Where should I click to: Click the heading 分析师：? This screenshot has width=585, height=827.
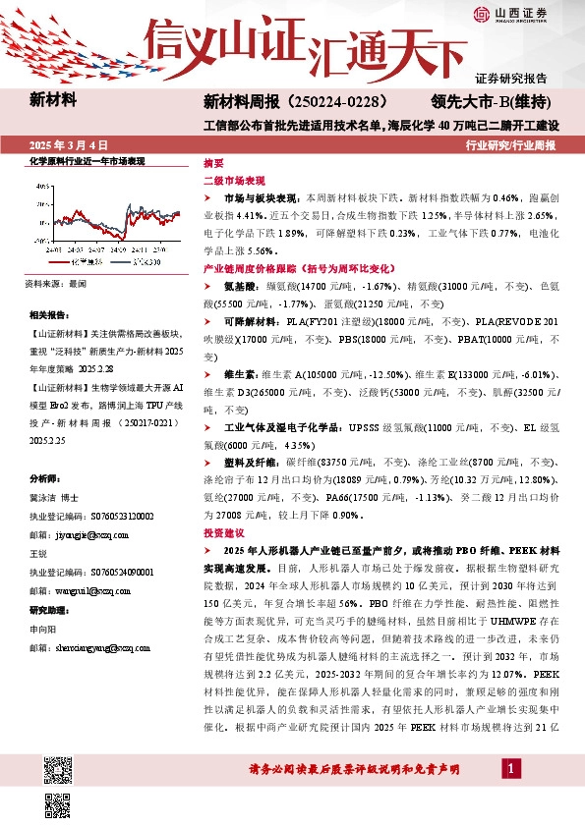tap(46, 478)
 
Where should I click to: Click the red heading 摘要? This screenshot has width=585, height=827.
tap(213, 163)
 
